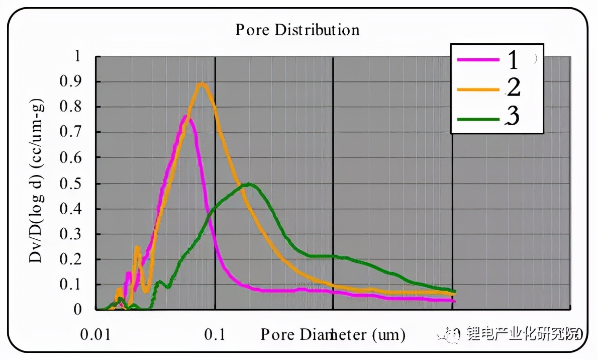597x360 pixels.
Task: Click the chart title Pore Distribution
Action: coord(297,30)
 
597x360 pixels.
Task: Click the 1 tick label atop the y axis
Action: coord(77,56)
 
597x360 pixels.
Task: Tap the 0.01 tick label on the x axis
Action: coord(97,334)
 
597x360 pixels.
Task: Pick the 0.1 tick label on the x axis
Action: coord(216,334)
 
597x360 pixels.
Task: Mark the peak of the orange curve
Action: coord(202,84)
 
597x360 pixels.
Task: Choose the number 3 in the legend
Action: coord(513,117)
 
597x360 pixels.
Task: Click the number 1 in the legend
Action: coord(512,60)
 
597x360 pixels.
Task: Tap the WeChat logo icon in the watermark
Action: coord(448,334)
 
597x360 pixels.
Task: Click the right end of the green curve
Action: coord(454,292)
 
